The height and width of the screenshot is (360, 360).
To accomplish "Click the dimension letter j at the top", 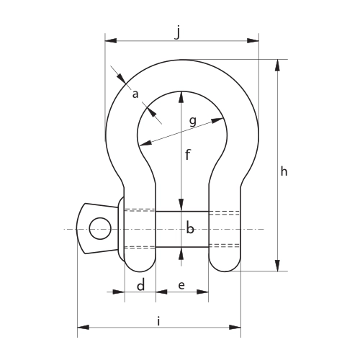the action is [177, 33].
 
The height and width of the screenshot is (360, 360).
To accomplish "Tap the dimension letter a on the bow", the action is [135, 94].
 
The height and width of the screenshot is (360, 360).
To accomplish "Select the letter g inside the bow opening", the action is [193, 122].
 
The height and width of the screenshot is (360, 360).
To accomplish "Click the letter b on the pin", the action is [190, 228].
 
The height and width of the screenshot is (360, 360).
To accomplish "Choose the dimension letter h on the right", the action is [284, 172].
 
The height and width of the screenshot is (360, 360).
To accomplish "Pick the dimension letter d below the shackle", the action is [141, 285].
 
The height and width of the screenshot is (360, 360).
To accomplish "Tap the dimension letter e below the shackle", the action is [181, 285].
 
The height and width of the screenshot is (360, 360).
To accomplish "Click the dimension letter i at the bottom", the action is [158, 321].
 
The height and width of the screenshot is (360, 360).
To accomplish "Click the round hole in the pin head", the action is [100, 228].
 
